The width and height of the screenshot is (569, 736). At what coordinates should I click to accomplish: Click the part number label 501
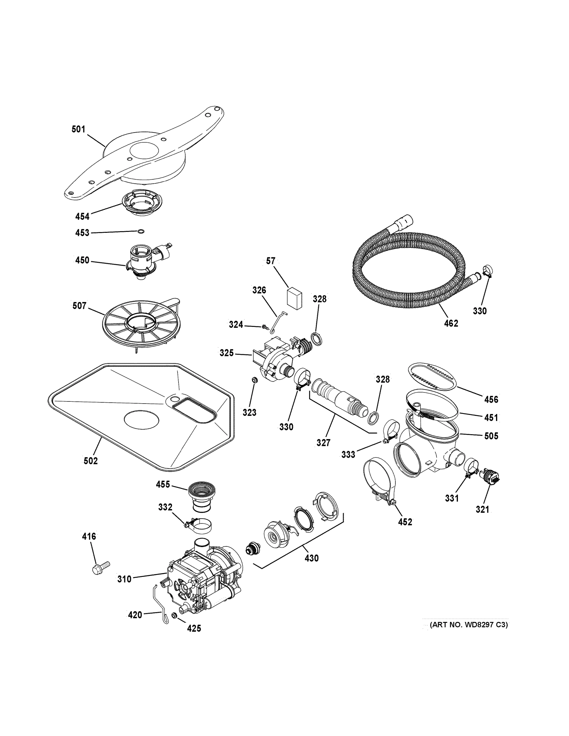pyautogui.click(x=78, y=129)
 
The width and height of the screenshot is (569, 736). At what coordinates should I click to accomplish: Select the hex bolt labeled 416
pyautogui.click(x=100, y=567)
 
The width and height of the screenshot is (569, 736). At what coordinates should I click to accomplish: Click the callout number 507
pyautogui.click(x=79, y=306)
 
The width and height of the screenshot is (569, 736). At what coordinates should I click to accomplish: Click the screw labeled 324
pyautogui.click(x=265, y=326)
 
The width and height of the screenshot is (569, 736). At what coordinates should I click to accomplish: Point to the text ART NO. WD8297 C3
pyautogui.click(x=469, y=625)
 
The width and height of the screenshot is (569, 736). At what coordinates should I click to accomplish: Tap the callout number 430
pyautogui.click(x=311, y=558)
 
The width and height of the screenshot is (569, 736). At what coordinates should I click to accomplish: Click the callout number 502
pyautogui.click(x=90, y=461)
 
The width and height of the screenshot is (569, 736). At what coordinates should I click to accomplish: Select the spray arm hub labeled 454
pyautogui.click(x=142, y=202)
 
